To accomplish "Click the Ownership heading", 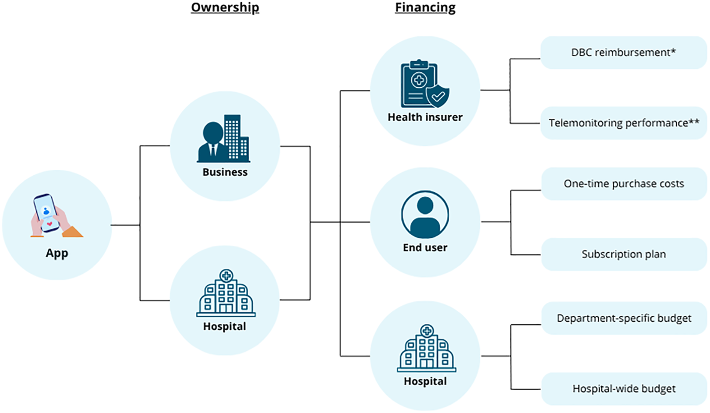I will [225, 8].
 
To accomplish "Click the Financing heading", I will [425, 8].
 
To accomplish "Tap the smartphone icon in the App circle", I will [47, 213].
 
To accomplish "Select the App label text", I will [57, 253].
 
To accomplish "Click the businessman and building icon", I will [224, 139].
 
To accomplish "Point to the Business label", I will [225, 172].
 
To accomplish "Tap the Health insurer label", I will [425, 117].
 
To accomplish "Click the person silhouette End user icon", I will [425, 214].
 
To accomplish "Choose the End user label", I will [425, 248].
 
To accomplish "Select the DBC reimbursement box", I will [623, 53].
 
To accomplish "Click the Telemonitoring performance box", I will [623, 123].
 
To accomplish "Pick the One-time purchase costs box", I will [623, 184].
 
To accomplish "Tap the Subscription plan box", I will [623, 254].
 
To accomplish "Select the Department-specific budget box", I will [623, 318].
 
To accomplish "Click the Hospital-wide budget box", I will [623, 389].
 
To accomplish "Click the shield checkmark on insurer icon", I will [438, 96].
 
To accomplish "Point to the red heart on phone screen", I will [50, 224].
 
